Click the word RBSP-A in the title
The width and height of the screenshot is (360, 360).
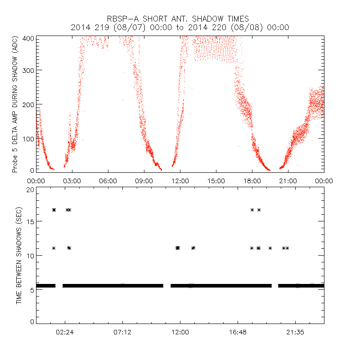pyautogui.click(x=121, y=19)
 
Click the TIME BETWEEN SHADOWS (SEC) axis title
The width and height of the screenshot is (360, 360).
pyautogui.click(x=19, y=256)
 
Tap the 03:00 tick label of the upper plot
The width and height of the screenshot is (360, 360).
pyautogui.click(x=72, y=180)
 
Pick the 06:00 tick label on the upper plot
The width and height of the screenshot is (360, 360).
pyautogui.click(x=108, y=180)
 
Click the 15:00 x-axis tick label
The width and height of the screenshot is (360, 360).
pyautogui.click(x=216, y=180)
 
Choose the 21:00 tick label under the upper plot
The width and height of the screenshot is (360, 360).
pyautogui.click(x=288, y=180)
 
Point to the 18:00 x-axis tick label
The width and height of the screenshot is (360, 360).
pyautogui.click(x=252, y=180)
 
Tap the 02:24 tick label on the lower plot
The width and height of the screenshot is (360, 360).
pyautogui.click(x=65, y=332)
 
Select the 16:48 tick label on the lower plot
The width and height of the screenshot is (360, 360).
pyautogui.click(x=238, y=332)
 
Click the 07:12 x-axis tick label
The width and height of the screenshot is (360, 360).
pyautogui.click(x=122, y=332)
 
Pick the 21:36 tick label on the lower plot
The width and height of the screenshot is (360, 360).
pyautogui.click(x=295, y=332)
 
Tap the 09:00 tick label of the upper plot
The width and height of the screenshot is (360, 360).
pyautogui.click(x=144, y=180)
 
